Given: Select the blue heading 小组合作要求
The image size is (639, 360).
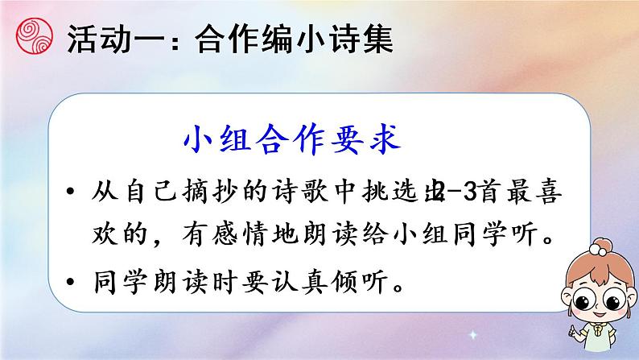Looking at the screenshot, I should pos(291,142).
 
